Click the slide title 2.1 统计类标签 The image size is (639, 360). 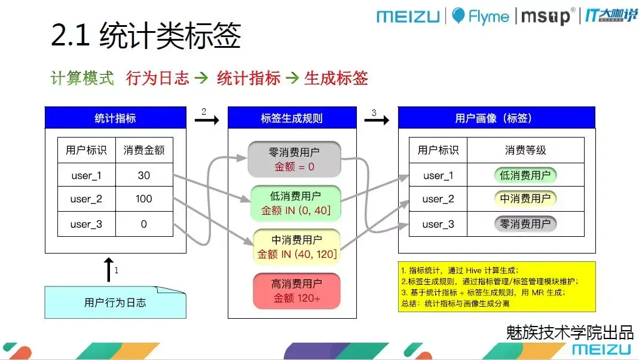click(x=146, y=36)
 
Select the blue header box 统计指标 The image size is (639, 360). click(x=115, y=118)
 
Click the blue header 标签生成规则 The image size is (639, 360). click(x=292, y=118)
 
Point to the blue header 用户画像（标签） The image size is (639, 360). click(x=496, y=118)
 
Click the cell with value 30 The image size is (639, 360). click(x=143, y=175)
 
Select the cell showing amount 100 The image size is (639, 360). click(x=143, y=199)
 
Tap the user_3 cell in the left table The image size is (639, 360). click(x=86, y=224)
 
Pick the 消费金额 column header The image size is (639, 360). click(x=143, y=150)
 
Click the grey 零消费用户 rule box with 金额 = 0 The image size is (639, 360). click(x=295, y=159)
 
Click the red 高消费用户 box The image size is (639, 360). click(x=296, y=291)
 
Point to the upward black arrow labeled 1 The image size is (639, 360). click(x=108, y=270)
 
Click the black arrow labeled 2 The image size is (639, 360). click(x=207, y=120)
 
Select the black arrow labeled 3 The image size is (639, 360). click(x=377, y=120)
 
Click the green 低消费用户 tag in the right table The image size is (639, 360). click(x=525, y=175)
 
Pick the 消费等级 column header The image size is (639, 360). click(x=525, y=150)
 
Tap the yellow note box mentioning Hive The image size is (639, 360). click(x=497, y=286)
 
